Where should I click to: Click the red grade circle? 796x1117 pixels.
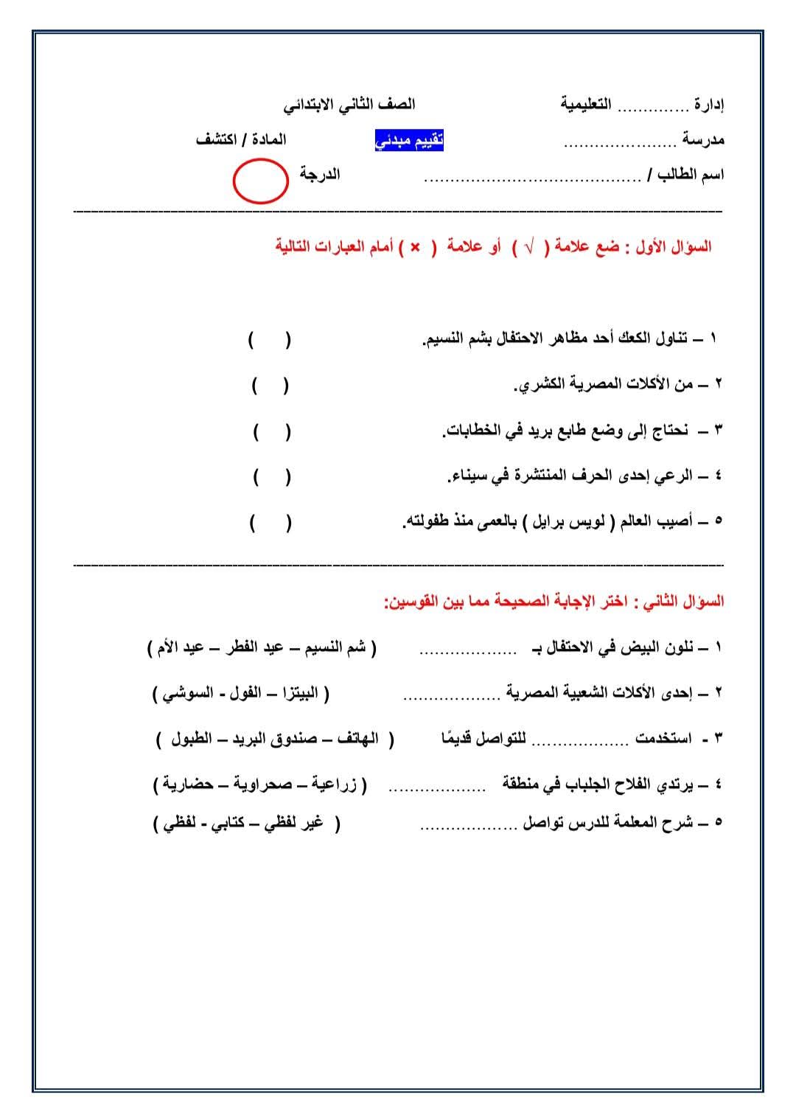[x=260, y=181]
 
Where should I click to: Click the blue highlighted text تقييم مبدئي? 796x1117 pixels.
[x=410, y=140]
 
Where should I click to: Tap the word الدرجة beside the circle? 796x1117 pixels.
[x=319, y=175]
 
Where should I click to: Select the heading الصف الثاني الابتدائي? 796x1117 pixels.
[x=349, y=105]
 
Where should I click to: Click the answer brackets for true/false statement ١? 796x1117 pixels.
[x=269, y=340]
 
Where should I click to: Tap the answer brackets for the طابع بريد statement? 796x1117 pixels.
[x=271, y=431]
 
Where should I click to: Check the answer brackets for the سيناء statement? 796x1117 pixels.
[x=271, y=476]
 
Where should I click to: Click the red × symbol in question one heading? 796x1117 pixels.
[x=415, y=247]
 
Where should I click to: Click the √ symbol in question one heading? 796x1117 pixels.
[x=528, y=248]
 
